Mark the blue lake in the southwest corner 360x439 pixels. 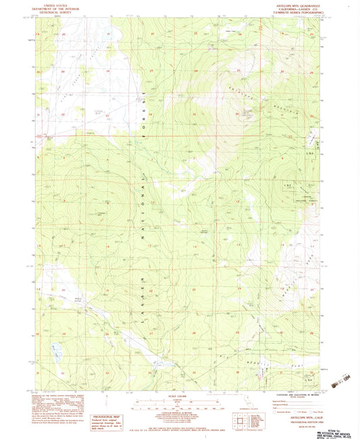tap(54, 350)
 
